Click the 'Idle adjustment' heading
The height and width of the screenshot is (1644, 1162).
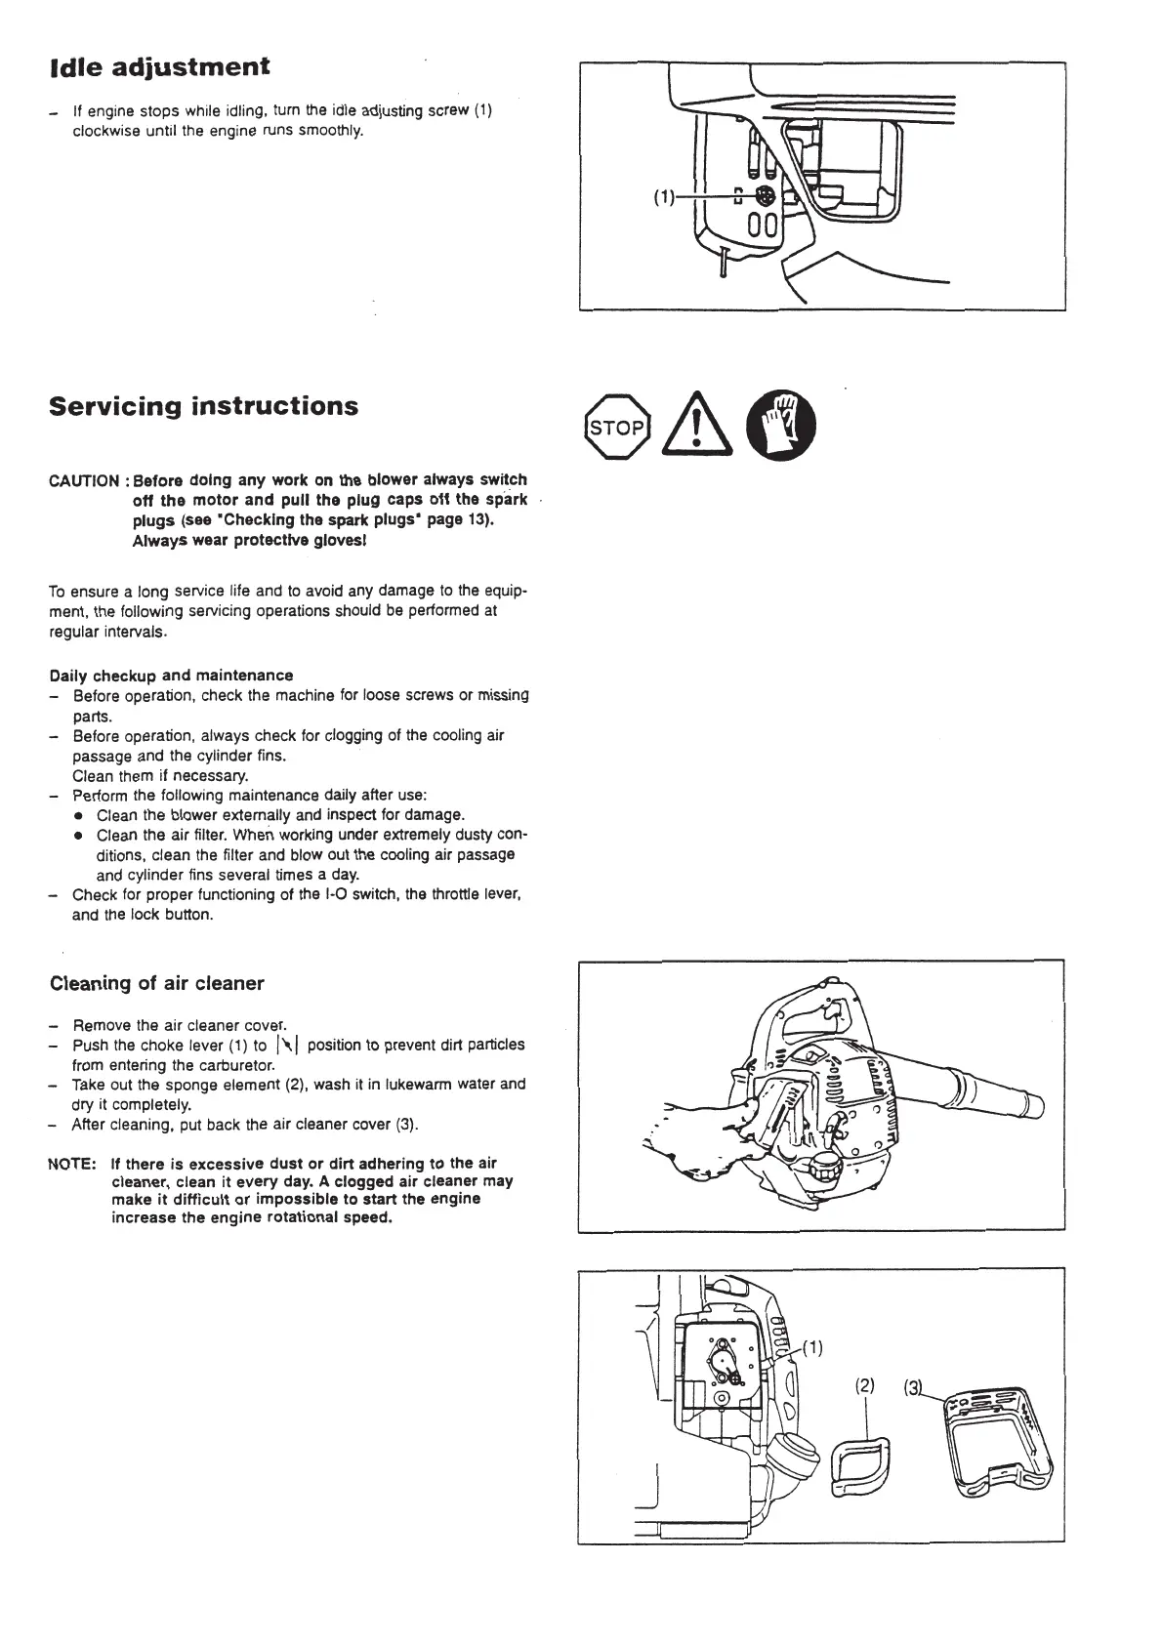coord(159,68)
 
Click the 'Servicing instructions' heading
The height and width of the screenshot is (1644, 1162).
coord(204,406)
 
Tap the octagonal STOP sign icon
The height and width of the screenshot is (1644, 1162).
coord(615,427)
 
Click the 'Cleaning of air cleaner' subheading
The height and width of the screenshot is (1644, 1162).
coord(157,983)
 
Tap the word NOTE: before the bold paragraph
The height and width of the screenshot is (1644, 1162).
coord(71,1164)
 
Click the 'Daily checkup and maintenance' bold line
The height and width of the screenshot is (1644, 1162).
coord(171,676)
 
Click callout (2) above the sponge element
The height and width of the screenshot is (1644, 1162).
coord(865,1385)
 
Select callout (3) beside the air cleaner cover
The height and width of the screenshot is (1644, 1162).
coord(913,1386)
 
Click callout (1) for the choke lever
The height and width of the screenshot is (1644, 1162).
coord(812,1350)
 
